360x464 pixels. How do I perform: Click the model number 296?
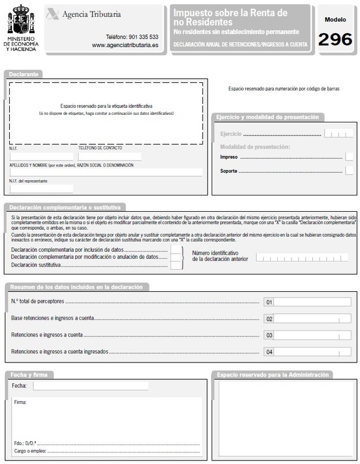pos(335,39)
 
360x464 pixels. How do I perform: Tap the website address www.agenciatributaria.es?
pos(125,45)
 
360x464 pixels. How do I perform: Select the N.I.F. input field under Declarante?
pos(41,157)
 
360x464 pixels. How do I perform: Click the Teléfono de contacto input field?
pos(110,157)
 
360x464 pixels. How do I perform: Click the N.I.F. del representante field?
pos(41,188)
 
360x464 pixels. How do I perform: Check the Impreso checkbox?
pos(349,157)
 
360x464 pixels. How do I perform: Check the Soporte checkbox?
pos(349,171)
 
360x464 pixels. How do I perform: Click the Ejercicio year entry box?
pos(339,134)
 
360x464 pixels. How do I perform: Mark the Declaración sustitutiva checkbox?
pos(176,266)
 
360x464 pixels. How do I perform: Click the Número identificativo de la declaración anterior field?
pos(302,257)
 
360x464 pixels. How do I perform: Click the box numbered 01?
pos(268,302)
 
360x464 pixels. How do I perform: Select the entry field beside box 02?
pos(312,318)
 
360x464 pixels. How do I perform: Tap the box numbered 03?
pos(268,335)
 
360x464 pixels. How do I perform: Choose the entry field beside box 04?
pos(312,351)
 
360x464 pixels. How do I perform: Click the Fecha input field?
pos(90,386)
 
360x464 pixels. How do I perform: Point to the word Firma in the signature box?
pos(20,401)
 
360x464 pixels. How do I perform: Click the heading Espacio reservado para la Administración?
pos(272,375)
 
